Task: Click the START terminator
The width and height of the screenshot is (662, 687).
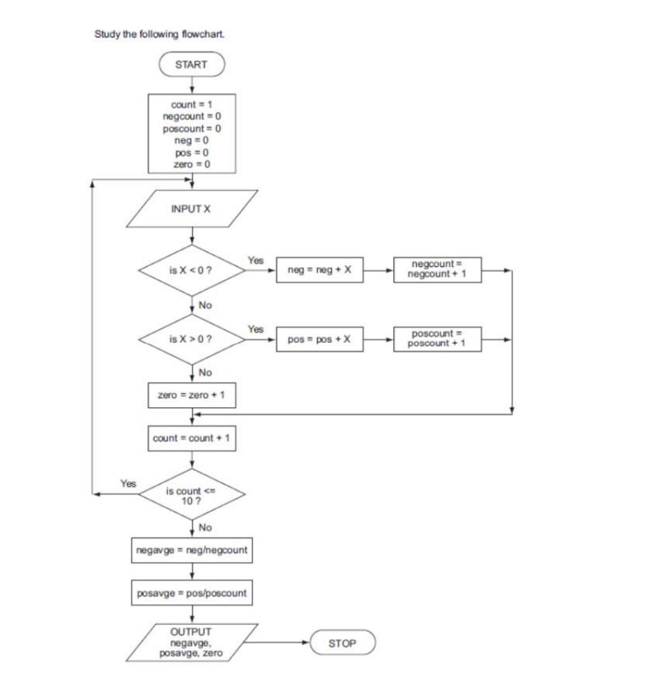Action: pyautogui.click(x=192, y=64)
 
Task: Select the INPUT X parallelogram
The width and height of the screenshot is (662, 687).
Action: pyautogui.click(x=192, y=209)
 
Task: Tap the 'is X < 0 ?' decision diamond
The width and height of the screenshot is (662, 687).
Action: pyautogui.click(x=192, y=272)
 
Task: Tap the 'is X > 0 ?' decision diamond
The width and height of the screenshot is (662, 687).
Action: pyautogui.click(x=192, y=339)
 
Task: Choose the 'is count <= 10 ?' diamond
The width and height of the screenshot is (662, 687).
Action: pyautogui.click(x=192, y=494)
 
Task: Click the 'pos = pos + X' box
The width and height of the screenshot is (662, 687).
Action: pyautogui.click(x=320, y=339)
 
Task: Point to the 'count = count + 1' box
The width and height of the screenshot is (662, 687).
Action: pyautogui.click(x=192, y=438)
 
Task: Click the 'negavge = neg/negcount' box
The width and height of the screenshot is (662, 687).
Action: pyautogui.click(x=192, y=551)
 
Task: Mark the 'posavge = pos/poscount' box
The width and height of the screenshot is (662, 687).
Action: pyautogui.click(x=192, y=594)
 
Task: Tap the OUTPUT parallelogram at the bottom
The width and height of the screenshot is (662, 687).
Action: pyautogui.click(x=192, y=643)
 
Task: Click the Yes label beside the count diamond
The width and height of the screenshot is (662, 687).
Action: pyautogui.click(x=128, y=482)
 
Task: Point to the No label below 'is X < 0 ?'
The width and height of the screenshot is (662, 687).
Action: pyautogui.click(x=205, y=305)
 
